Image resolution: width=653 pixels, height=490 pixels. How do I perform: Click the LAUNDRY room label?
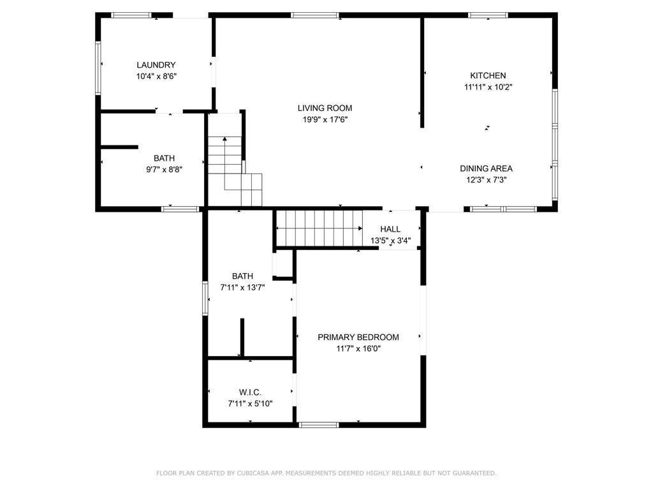[x=156, y=65]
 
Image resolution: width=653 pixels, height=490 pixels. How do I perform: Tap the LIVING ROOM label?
[x=325, y=108]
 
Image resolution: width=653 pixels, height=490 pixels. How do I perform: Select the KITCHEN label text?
[x=488, y=76]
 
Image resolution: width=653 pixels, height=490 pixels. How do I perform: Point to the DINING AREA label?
[x=486, y=168]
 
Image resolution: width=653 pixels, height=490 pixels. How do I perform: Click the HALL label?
[x=390, y=229]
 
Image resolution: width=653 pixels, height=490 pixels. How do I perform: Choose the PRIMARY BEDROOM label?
[x=358, y=338]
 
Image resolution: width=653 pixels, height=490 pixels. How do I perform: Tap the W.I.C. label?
[x=250, y=392]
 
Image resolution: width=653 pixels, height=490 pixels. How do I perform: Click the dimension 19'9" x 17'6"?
[x=325, y=120]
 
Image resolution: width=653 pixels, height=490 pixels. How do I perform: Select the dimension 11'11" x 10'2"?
[x=488, y=87]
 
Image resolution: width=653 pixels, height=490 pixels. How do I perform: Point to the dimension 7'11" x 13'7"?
[x=242, y=288]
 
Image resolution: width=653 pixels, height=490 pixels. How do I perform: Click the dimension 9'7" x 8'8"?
[x=164, y=170]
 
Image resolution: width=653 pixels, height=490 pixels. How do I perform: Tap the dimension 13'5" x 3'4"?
[x=391, y=241]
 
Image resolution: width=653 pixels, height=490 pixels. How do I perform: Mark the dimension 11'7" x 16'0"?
[x=358, y=349]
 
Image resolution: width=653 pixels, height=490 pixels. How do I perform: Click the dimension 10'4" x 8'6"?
[x=156, y=77]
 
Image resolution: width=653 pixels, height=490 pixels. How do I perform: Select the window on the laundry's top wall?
[x=131, y=15]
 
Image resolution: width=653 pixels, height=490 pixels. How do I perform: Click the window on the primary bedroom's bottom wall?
[x=319, y=425]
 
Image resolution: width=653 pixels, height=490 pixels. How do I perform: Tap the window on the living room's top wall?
[x=315, y=15]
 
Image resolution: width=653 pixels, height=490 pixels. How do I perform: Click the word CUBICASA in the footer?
[x=253, y=473]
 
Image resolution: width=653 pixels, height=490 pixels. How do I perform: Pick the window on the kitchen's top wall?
[x=488, y=15]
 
